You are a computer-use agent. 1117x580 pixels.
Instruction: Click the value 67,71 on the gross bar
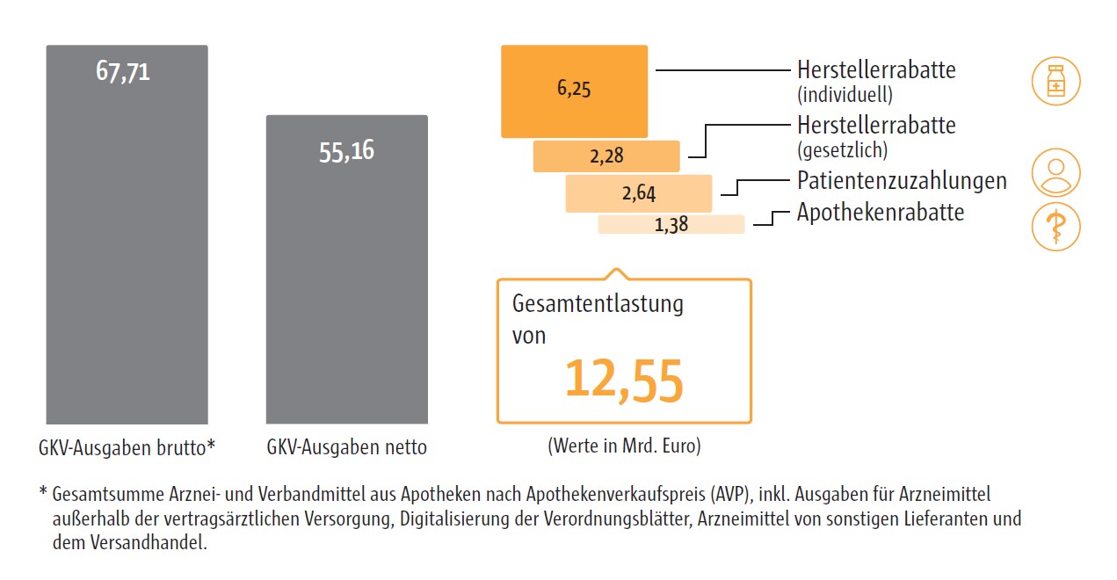coord(123,71)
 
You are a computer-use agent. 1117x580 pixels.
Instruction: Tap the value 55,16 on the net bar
coord(346,151)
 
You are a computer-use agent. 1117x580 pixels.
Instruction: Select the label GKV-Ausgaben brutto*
coord(127,447)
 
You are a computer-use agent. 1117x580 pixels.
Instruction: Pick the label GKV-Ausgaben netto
coord(346,447)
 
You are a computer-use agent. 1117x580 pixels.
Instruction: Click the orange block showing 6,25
coord(574,91)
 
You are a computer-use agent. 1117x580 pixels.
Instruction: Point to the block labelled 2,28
coord(606,156)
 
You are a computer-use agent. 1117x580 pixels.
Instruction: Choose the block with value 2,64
coord(639,193)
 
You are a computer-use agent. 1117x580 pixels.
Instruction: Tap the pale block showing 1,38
coord(671,224)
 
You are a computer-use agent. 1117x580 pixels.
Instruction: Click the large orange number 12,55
coord(623,380)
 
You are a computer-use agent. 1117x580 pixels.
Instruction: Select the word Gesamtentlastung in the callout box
coord(598,305)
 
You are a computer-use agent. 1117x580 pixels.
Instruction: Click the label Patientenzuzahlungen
coord(902,181)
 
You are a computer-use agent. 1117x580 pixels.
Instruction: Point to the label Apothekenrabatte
coord(881,213)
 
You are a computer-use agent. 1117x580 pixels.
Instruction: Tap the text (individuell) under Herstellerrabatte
coord(845,93)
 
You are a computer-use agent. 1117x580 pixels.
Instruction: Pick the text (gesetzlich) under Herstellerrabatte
coord(842,149)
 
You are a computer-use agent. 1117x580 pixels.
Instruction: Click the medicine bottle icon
coord(1055,82)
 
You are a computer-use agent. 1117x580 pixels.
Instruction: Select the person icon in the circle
coord(1055,171)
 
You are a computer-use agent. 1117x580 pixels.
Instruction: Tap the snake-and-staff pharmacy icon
coord(1055,228)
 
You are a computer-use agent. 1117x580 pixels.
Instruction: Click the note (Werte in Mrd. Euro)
coord(624,446)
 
